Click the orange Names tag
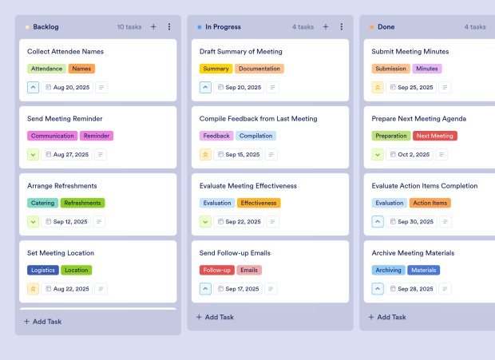click(x=81, y=69)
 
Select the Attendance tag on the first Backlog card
click(x=46, y=69)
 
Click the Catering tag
click(x=43, y=203)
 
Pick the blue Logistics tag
click(x=43, y=270)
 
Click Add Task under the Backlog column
click(x=43, y=322)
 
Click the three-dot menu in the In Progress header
click(x=342, y=26)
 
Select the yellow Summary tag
click(x=216, y=69)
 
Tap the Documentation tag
click(x=260, y=69)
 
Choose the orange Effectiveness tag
click(x=259, y=203)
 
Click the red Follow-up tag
click(x=217, y=270)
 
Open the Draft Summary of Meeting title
click(x=240, y=52)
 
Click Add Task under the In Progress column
click(x=216, y=317)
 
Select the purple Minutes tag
click(x=427, y=69)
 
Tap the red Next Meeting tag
click(x=435, y=136)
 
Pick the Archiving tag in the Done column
click(x=388, y=270)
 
